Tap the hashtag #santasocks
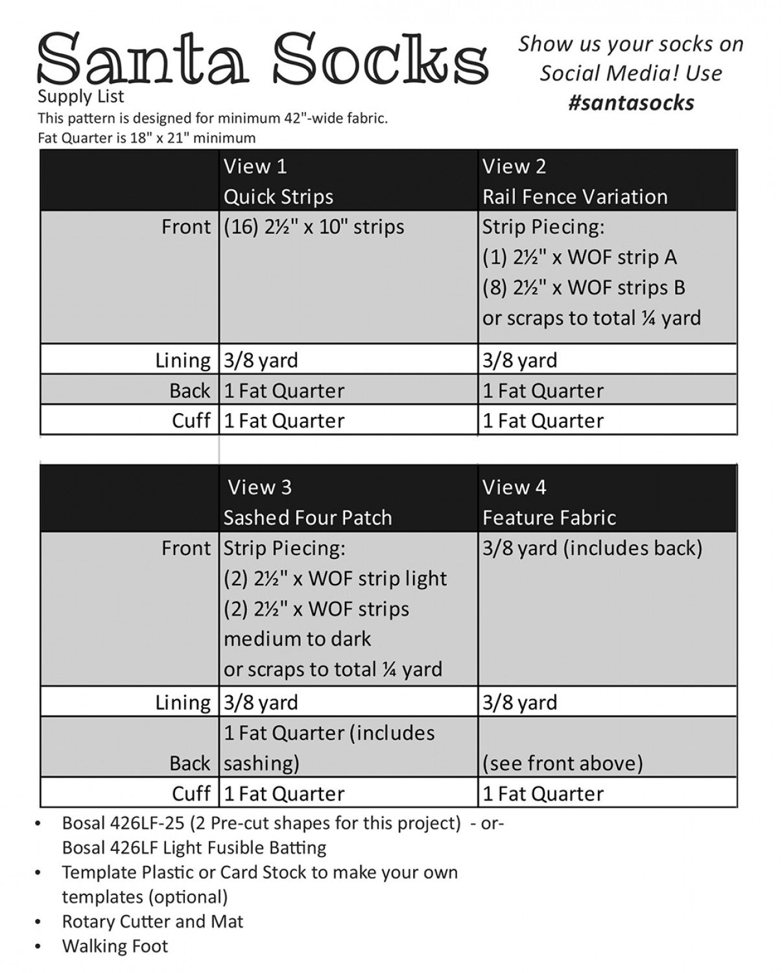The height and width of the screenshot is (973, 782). click(x=631, y=102)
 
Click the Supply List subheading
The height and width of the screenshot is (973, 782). click(x=80, y=97)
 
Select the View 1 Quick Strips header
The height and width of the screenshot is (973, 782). click(x=279, y=181)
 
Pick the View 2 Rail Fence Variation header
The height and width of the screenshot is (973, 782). click(x=575, y=181)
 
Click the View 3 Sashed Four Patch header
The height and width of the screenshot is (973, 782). click(x=307, y=502)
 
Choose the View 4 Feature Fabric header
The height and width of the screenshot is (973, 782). click(x=549, y=502)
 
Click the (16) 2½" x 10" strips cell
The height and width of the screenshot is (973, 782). click(x=314, y=227)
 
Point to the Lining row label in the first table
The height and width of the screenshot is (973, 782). click(x=183, y=360)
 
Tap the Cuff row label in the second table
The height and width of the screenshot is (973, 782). click(x=191, y=793)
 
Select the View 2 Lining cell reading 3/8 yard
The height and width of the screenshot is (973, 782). click(x=519, y=360)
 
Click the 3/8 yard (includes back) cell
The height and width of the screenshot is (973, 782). click(x=592, y=548)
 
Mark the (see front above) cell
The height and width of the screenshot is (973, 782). click(x=562, y=763)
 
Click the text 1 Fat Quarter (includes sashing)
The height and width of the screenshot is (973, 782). click(x=329, y=748)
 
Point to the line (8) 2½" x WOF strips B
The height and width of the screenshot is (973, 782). click(x=584, y=287)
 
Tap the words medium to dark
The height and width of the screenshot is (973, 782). click(x=297, y=639)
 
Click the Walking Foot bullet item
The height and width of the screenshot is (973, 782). click(x=115, y=946)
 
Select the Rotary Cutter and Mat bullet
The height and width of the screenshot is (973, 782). click(x=152, y=922)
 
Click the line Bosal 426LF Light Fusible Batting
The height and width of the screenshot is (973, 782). click(x=194, y=848)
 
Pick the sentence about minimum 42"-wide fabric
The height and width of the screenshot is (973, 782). click(x=213, y=118)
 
